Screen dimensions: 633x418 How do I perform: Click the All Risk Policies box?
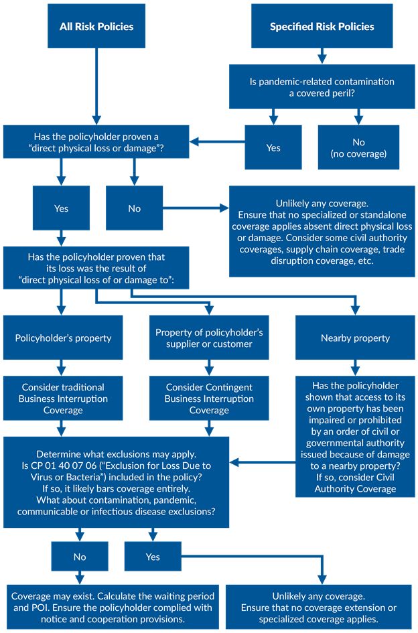click(96, 27)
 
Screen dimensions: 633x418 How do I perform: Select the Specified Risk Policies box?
click(322, 27)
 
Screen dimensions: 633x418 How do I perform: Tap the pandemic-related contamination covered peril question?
click(322, 87)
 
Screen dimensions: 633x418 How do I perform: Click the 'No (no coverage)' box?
click(358, 147)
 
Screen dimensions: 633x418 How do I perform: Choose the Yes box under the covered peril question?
click(273, 147)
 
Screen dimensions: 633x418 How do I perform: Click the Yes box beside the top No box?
click(61, 208)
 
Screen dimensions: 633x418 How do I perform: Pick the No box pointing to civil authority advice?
click(135, 208)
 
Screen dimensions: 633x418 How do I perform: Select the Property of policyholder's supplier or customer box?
click(209, 338)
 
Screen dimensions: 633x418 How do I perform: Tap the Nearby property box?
click(355, 338)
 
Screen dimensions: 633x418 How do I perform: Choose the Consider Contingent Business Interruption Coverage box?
click(209, 399)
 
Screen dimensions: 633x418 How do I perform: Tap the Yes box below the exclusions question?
click(153, 557)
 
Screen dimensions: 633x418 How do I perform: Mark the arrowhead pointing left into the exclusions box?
click(235, 462)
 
